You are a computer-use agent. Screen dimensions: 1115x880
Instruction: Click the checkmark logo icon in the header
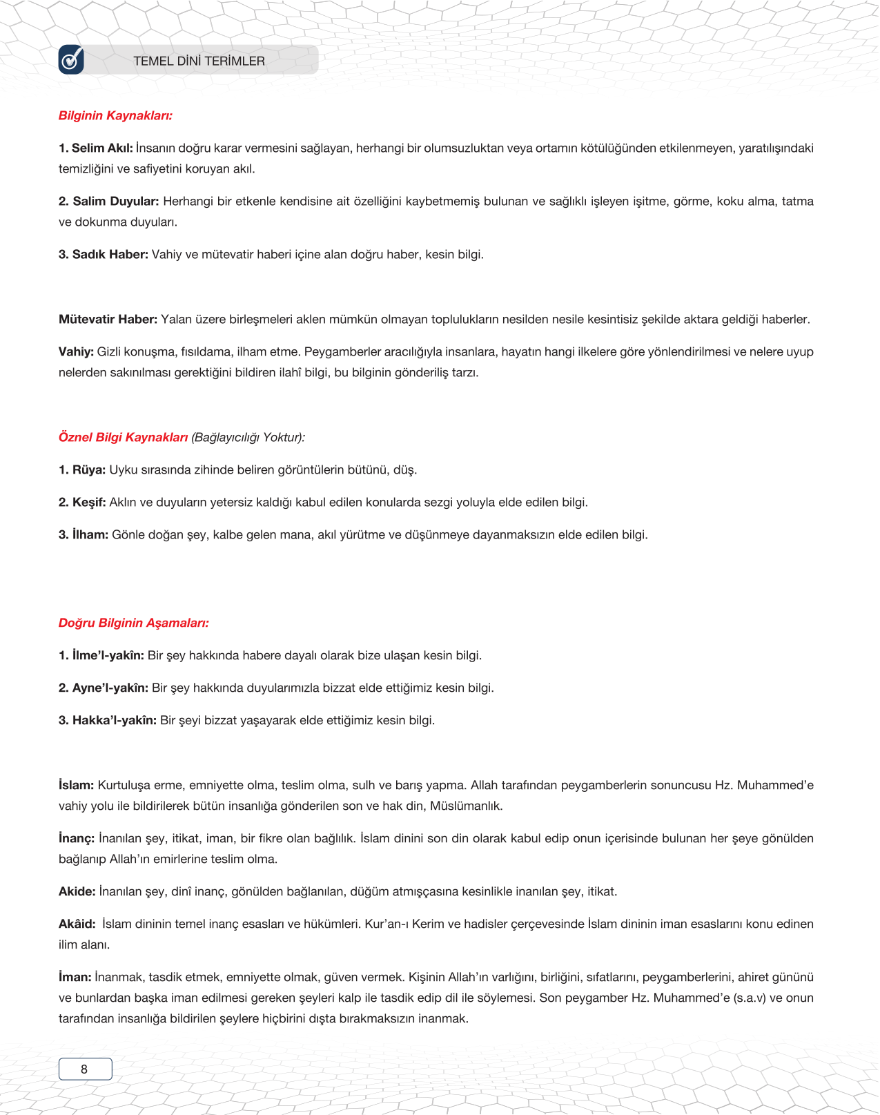coord(71,60)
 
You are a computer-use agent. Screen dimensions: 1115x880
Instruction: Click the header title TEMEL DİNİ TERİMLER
coord(199,61)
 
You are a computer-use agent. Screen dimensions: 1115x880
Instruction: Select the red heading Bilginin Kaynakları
coord(115,115)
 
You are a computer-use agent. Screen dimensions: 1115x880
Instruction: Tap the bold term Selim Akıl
coord(101,148)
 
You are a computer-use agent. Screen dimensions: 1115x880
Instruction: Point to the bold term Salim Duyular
coord(115,201)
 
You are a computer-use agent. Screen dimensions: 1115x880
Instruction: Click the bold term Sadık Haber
coord(110,254)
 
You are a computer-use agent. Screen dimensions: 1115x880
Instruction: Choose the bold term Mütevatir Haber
coord(108,319)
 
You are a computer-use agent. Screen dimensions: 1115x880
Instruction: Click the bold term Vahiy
coord(76,351)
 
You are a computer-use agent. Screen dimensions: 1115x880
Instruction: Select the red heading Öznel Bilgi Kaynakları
coord(123,437)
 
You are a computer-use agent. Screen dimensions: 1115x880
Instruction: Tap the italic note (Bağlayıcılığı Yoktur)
coord(248,437)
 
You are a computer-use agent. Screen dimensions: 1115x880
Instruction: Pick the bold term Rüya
coord(88,469)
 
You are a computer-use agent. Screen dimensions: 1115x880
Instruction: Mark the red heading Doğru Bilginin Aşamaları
coord(133,623)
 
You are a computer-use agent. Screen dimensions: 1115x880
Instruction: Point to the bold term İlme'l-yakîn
coord(108,655)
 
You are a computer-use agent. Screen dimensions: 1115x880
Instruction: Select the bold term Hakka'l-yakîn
coord(114,720)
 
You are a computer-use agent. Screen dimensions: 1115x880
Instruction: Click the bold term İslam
coord(76,785)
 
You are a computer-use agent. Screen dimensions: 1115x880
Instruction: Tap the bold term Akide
coord(77,891)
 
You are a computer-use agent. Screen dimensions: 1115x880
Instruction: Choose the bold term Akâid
coord(77,924)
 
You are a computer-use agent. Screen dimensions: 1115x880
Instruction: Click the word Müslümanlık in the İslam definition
coord(467,806)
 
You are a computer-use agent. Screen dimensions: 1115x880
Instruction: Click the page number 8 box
coord(85,1069)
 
